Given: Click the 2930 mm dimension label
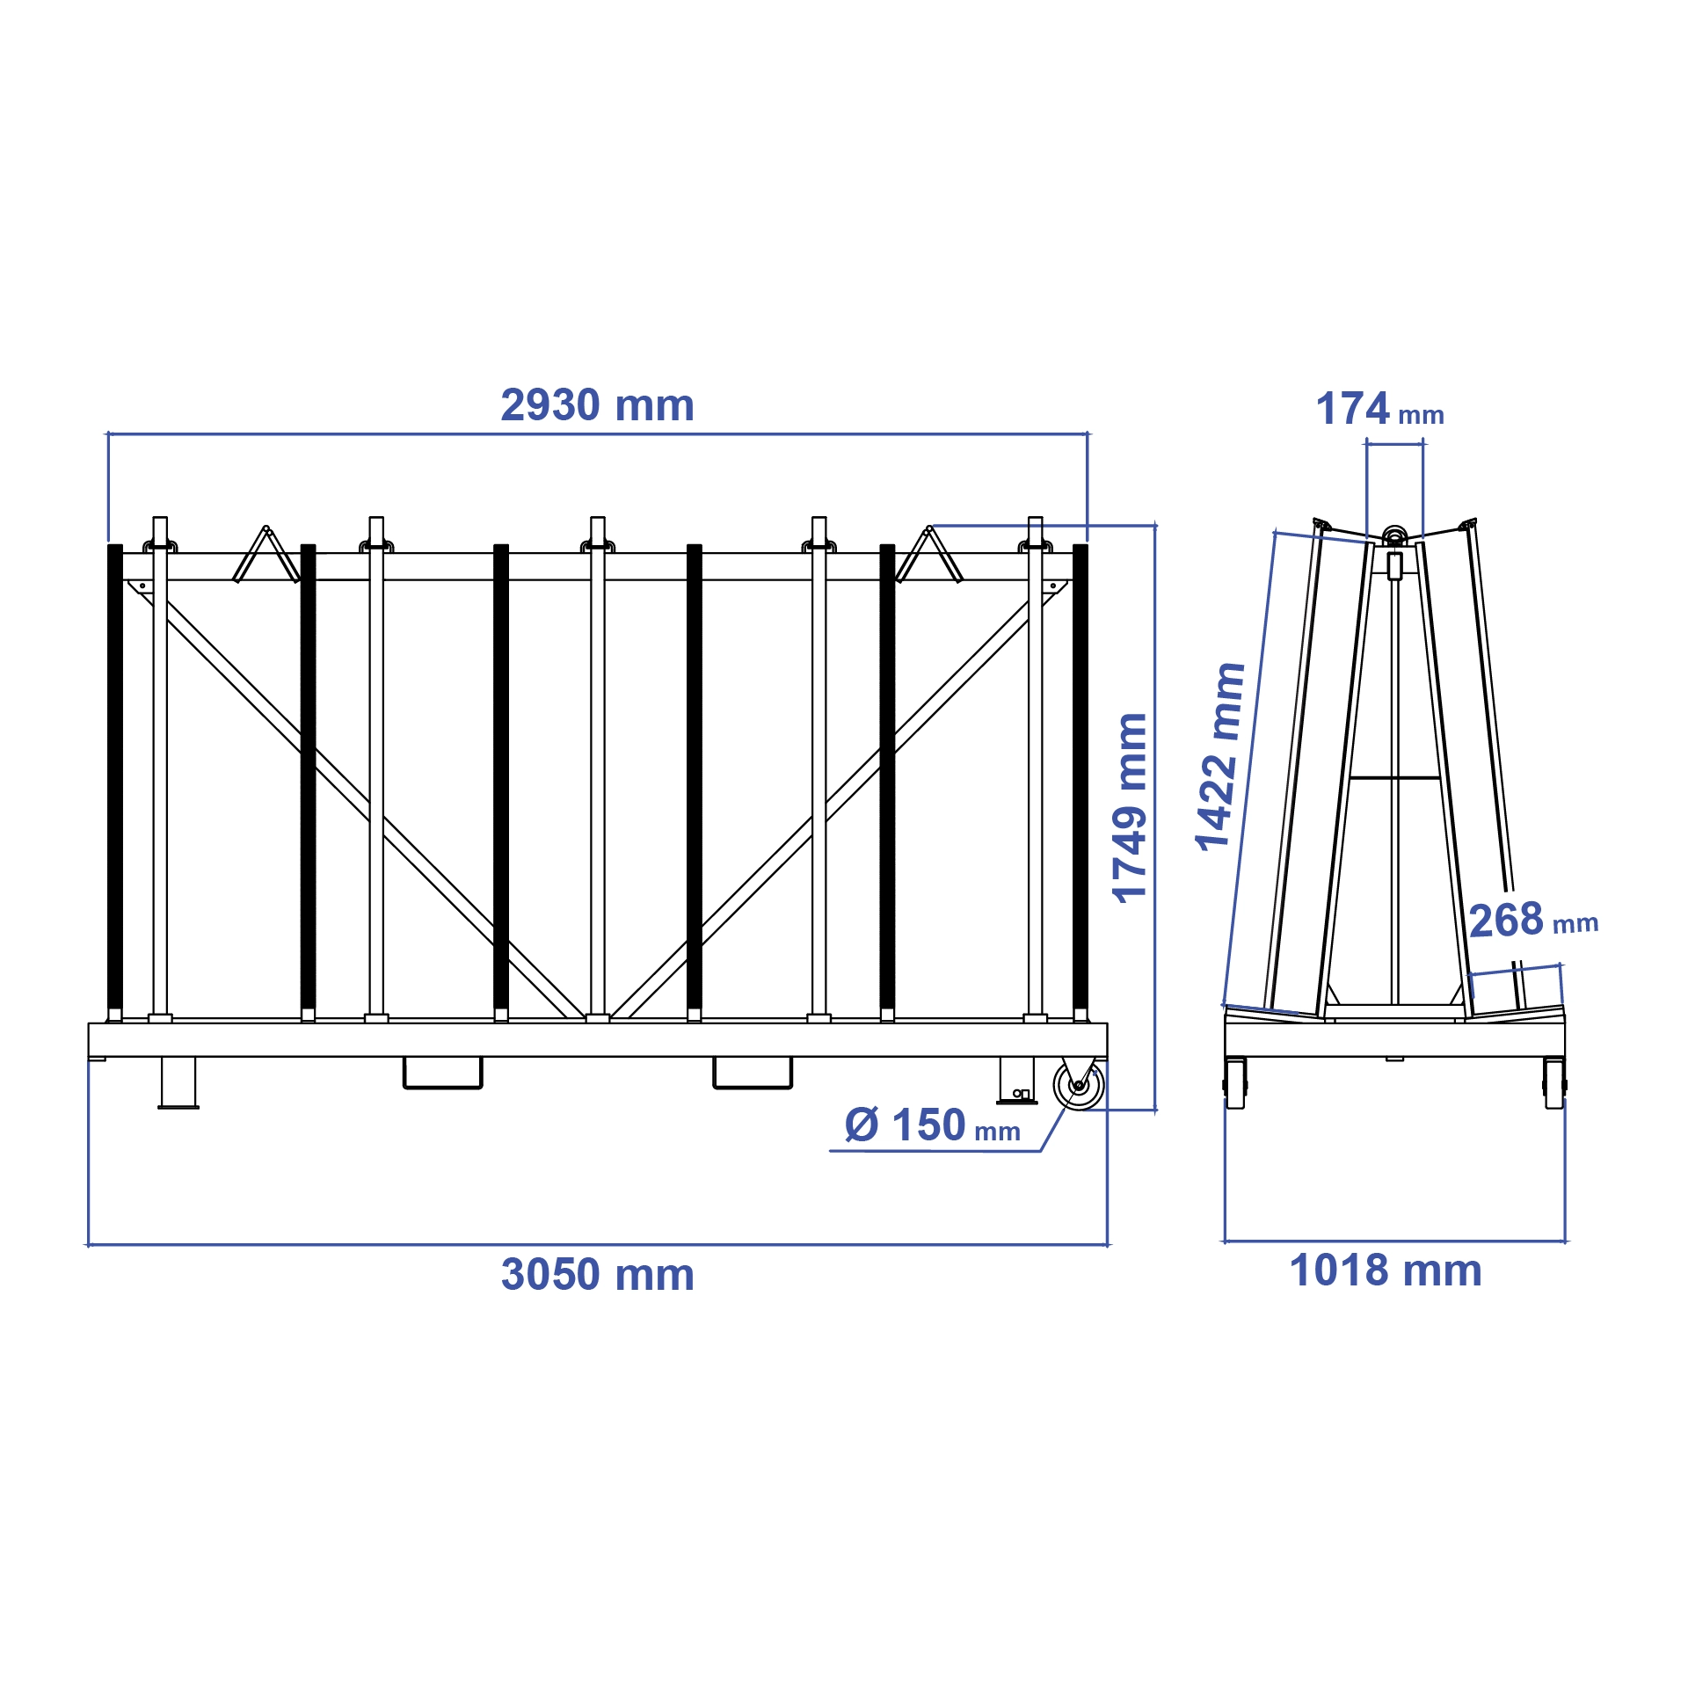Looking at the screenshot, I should pyautogui.click(x=597, y=405).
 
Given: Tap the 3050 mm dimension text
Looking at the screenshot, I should pyautogui.click(x=597, y=1274).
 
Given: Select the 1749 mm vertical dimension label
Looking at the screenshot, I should pyautogui.click(x=1130, y=808).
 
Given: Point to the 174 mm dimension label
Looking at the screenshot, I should pyautogui.click(x=1379, y=410).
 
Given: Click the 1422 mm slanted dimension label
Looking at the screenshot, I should pyautogui.click(x=1220, y=756).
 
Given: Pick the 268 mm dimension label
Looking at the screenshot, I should pyautogui.click(x=1532, y=921).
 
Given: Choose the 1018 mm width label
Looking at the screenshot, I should pyautogui.click(x=1386, y=1270).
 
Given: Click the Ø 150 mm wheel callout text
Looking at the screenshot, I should pyautogui.click(x=932, y=1125).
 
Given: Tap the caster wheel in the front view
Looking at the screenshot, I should pyautogui.click(x=1078, y=1086).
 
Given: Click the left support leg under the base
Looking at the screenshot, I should pyautogui.click(x=178, y=1082).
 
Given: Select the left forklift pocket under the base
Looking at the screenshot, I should pyautogui.click(x=442, y=1074).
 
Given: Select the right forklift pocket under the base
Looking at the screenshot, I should pyautogui.click(x=752, y=1074).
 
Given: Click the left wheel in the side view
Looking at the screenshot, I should pyautogui.click(x=1235, y=1082).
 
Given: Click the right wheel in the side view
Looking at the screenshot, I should pyautogui.click(x=1554, y=1082).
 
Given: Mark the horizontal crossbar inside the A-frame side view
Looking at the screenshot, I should pyautogui.click(x=1394, y=777).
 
